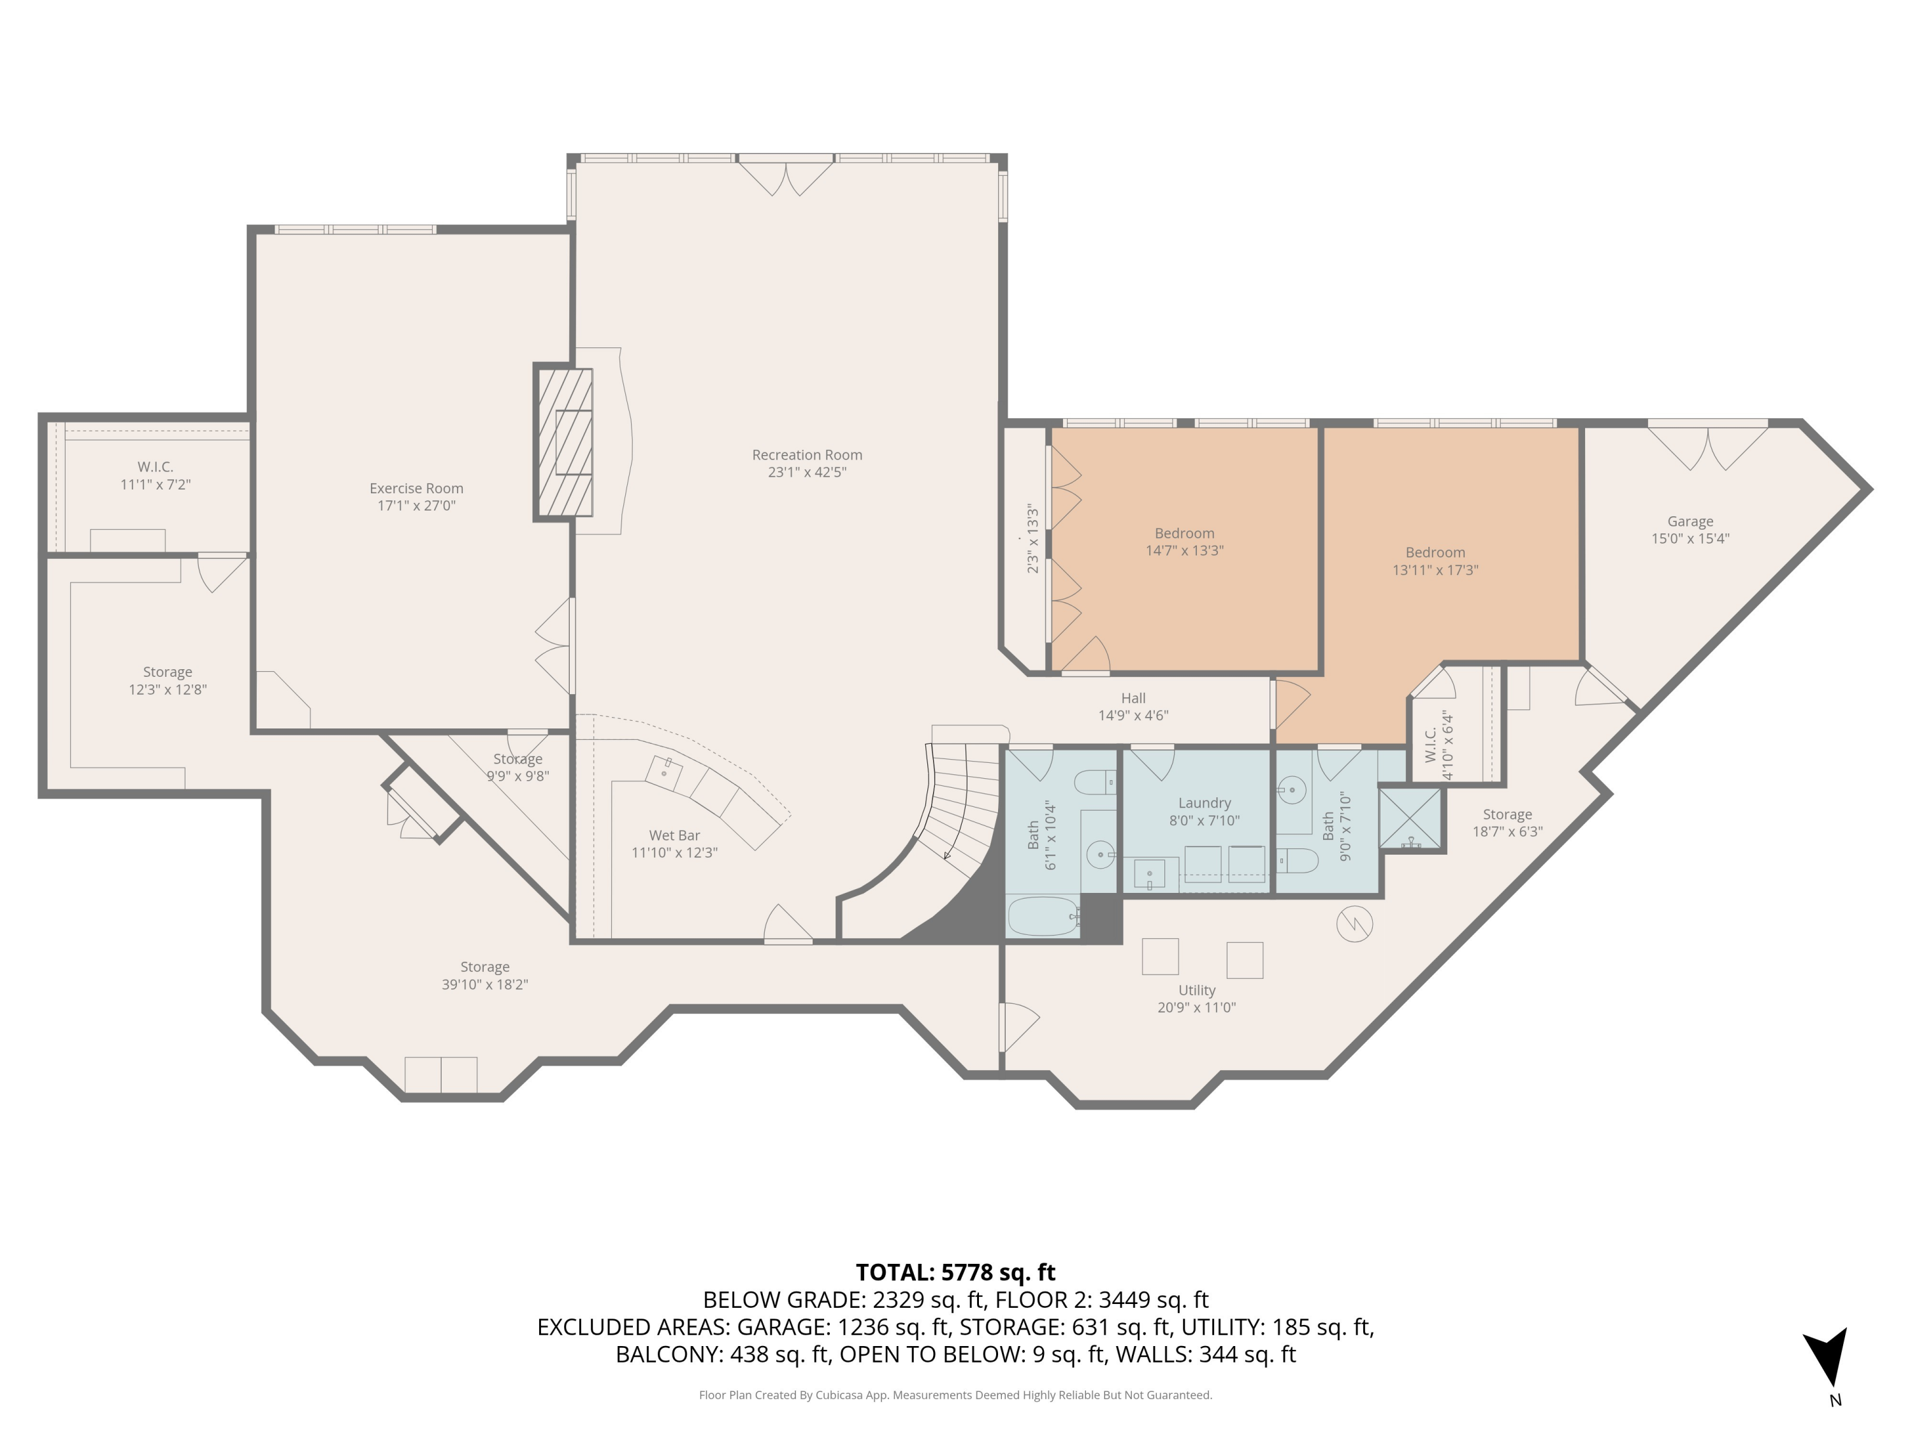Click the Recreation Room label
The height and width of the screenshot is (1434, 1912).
coord(806,454)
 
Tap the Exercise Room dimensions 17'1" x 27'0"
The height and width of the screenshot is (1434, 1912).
coord(416,505)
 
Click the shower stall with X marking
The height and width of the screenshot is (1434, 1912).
coord(1410,818)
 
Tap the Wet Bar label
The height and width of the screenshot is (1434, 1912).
coord(674,835)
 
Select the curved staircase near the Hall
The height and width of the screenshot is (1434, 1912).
coord(959,800)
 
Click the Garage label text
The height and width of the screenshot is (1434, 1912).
coord(1690,521)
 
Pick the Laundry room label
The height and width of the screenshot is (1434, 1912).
coord(1204,803)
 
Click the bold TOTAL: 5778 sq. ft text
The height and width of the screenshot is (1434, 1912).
coord(955,1272)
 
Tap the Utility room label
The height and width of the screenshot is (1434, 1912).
coord(1196,990)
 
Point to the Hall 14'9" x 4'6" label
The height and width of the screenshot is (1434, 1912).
coord(1133,706)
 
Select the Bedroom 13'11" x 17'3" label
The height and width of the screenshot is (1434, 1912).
coord(1435,561)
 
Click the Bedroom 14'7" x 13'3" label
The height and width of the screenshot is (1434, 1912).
coord(1184,542)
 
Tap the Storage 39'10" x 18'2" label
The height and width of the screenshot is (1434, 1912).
coord(484,975)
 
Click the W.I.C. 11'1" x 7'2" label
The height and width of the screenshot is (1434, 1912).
coord(155,475)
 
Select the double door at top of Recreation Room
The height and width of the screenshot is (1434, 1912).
coord(786,177)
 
